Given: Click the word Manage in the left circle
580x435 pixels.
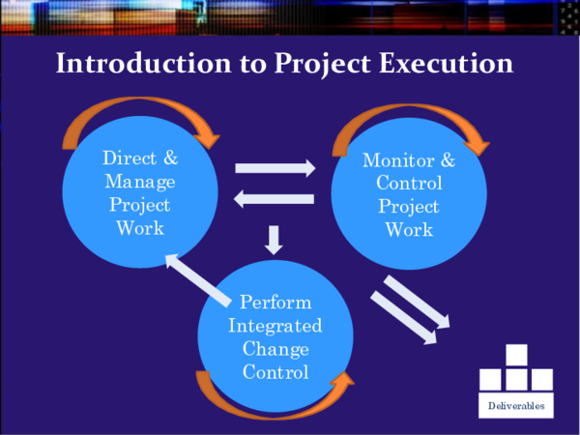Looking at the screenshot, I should coord(140,182).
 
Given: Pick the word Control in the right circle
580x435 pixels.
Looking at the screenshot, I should coord(410,184).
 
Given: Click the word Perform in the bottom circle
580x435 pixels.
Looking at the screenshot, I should coord(275,303).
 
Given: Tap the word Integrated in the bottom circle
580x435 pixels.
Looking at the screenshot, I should coord(275,326).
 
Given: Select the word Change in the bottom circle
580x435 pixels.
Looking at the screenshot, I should coord(275,349).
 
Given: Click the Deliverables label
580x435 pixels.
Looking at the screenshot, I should coord(516,405).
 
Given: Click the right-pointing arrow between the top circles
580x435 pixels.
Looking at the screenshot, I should coord(275,168).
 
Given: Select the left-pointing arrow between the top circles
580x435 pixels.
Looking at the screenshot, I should coord(275,200).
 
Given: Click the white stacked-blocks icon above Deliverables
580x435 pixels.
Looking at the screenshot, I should coord(516,368).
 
